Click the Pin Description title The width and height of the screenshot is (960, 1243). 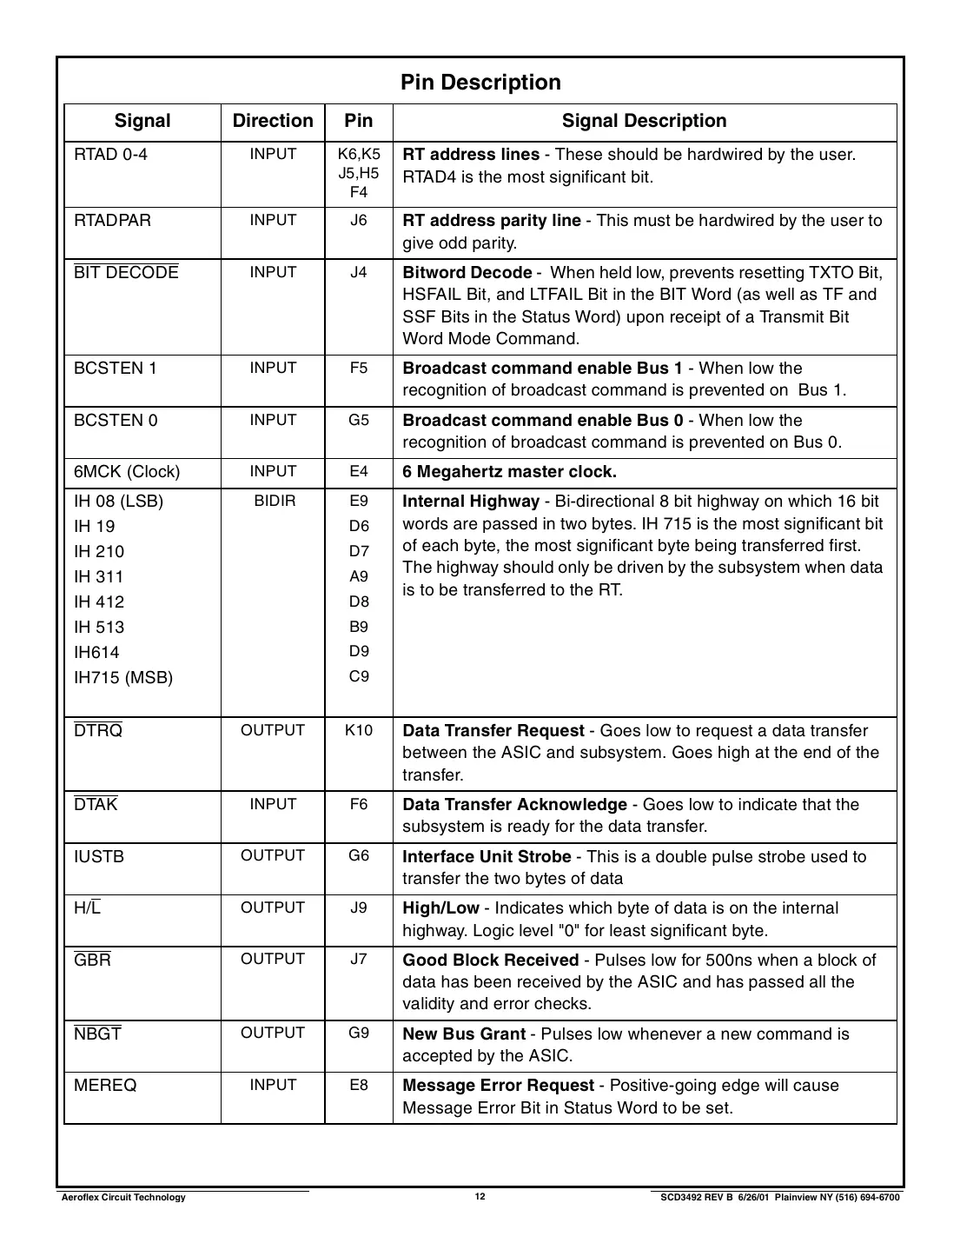(480, 83)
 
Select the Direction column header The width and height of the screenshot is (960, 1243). (273, 121)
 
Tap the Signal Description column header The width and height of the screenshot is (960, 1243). (644, 121)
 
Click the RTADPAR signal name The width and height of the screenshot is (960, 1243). (112, 220)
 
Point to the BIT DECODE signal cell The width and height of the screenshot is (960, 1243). (126, 272)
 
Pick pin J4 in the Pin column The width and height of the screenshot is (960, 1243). (359, 272)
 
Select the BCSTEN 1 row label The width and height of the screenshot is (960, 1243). (116, 368)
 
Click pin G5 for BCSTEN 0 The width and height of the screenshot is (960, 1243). (359, 420)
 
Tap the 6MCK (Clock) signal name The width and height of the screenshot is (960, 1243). (127, 472)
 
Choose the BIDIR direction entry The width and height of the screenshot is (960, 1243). (275, 502)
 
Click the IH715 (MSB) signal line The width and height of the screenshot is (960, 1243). (123, 678)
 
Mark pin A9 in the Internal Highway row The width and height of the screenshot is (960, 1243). (359, 576)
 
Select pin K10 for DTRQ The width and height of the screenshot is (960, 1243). (359, 730)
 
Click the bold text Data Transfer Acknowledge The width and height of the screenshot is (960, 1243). (514, 805)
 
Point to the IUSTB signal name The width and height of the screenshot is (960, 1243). (99, 856)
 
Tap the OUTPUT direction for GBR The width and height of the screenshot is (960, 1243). (273, 959)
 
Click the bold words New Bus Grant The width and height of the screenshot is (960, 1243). (464, 1034)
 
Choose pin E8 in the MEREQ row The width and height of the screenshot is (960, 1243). (359, 1085)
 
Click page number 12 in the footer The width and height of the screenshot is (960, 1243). (480, 1197)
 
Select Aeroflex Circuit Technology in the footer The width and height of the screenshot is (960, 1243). (123, 1198)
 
